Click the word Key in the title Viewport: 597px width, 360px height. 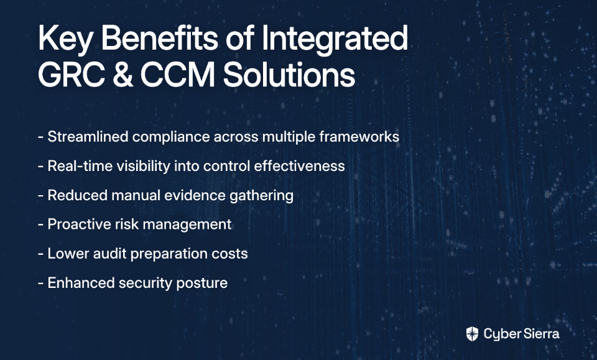[65, 40]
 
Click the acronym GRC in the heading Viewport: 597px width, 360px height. [71, 74]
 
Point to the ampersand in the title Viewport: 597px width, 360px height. [123, 74]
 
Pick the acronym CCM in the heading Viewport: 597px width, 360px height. [178, 74]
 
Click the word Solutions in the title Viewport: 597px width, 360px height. [289, 74]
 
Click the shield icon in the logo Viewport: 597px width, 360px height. [472, 334]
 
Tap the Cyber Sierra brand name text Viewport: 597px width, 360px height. [522, 334]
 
